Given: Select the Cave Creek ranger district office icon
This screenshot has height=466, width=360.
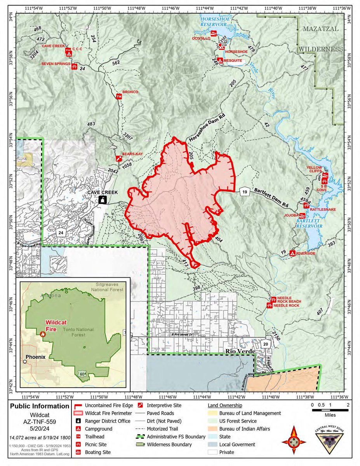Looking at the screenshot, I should coord(103,199).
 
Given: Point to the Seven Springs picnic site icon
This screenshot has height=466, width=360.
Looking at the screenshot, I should coord(74,66).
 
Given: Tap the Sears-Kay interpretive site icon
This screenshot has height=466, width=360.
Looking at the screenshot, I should coord(118,158).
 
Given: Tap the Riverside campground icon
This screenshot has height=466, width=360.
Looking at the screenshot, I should coord(292,253).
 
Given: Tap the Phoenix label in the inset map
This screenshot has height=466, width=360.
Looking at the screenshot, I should coord(36,357).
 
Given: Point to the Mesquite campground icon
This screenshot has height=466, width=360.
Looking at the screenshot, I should coord(220,61).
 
